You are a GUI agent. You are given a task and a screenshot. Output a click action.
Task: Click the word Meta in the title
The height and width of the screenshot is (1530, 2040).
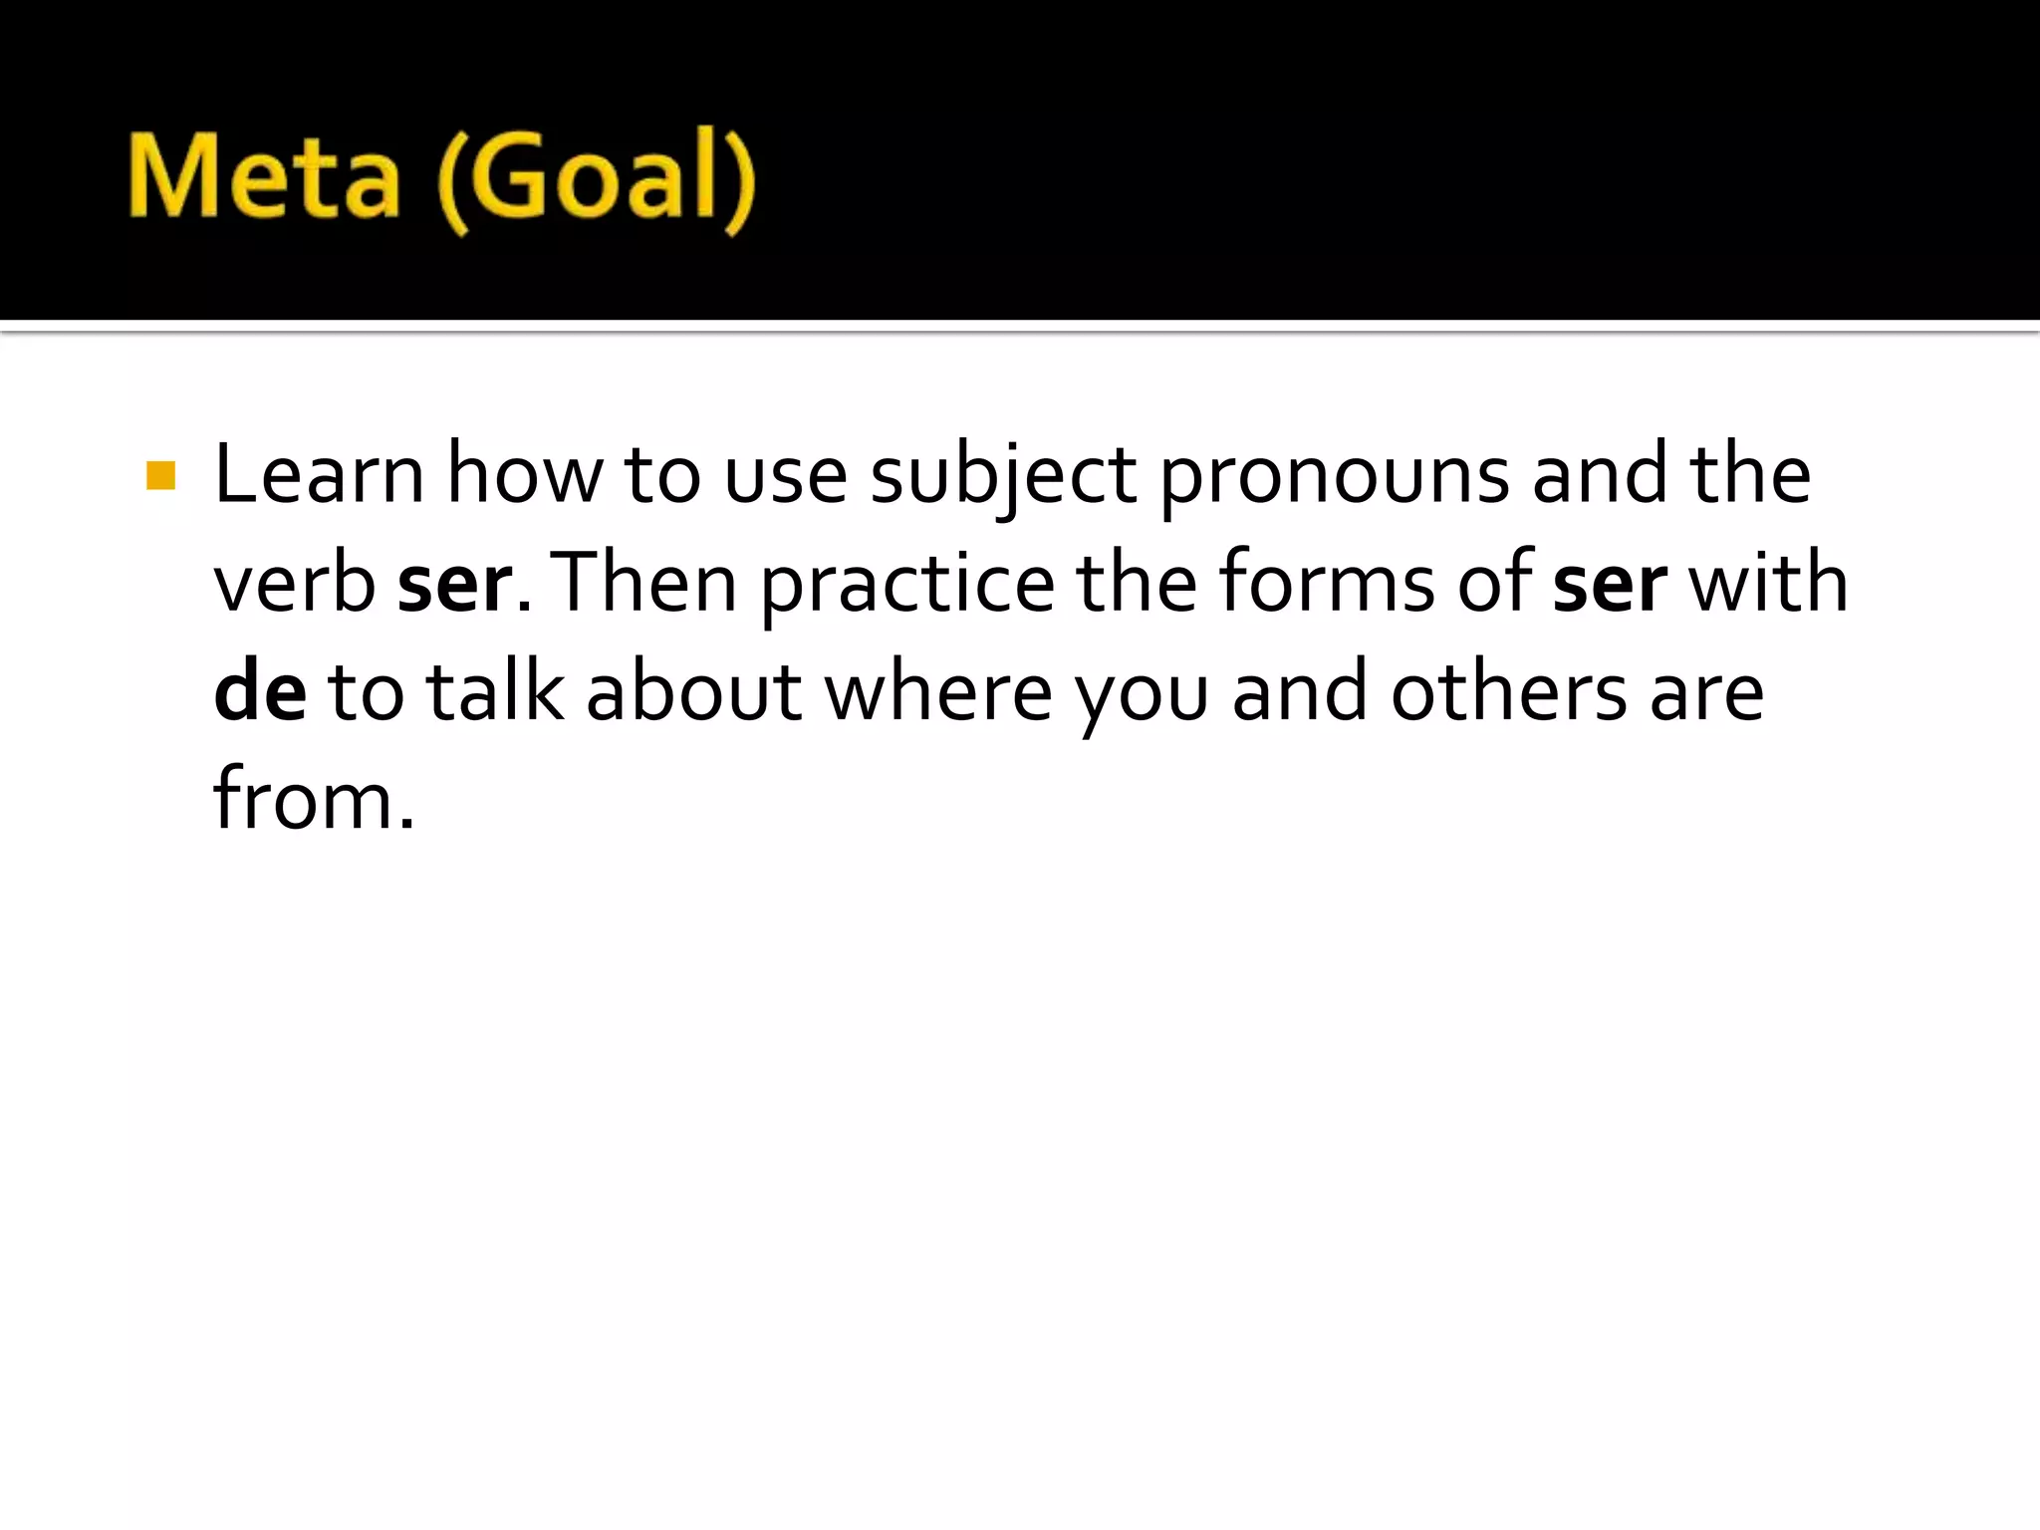click(264, 177)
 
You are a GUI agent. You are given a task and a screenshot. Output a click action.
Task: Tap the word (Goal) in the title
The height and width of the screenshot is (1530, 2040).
click(596, 179)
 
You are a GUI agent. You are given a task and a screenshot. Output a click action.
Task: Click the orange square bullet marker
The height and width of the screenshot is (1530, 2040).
click(160, 476)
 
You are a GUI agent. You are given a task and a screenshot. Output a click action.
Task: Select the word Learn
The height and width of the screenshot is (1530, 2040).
click(319, 474)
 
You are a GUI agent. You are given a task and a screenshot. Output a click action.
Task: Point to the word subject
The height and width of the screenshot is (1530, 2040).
click(1003, 478)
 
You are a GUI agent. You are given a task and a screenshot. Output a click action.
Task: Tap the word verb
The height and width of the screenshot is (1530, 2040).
click(295, 584)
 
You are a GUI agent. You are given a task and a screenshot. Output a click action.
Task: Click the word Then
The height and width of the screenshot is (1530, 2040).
click(642, 584)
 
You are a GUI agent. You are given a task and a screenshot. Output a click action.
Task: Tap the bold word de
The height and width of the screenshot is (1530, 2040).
click(260, 692)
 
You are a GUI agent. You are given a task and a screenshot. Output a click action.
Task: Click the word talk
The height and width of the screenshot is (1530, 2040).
click(495, 691)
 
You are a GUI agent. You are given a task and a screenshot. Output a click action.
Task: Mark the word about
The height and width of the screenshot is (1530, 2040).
click(693, 692)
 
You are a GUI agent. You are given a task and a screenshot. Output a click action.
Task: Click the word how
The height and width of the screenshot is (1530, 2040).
click(524, 474)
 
